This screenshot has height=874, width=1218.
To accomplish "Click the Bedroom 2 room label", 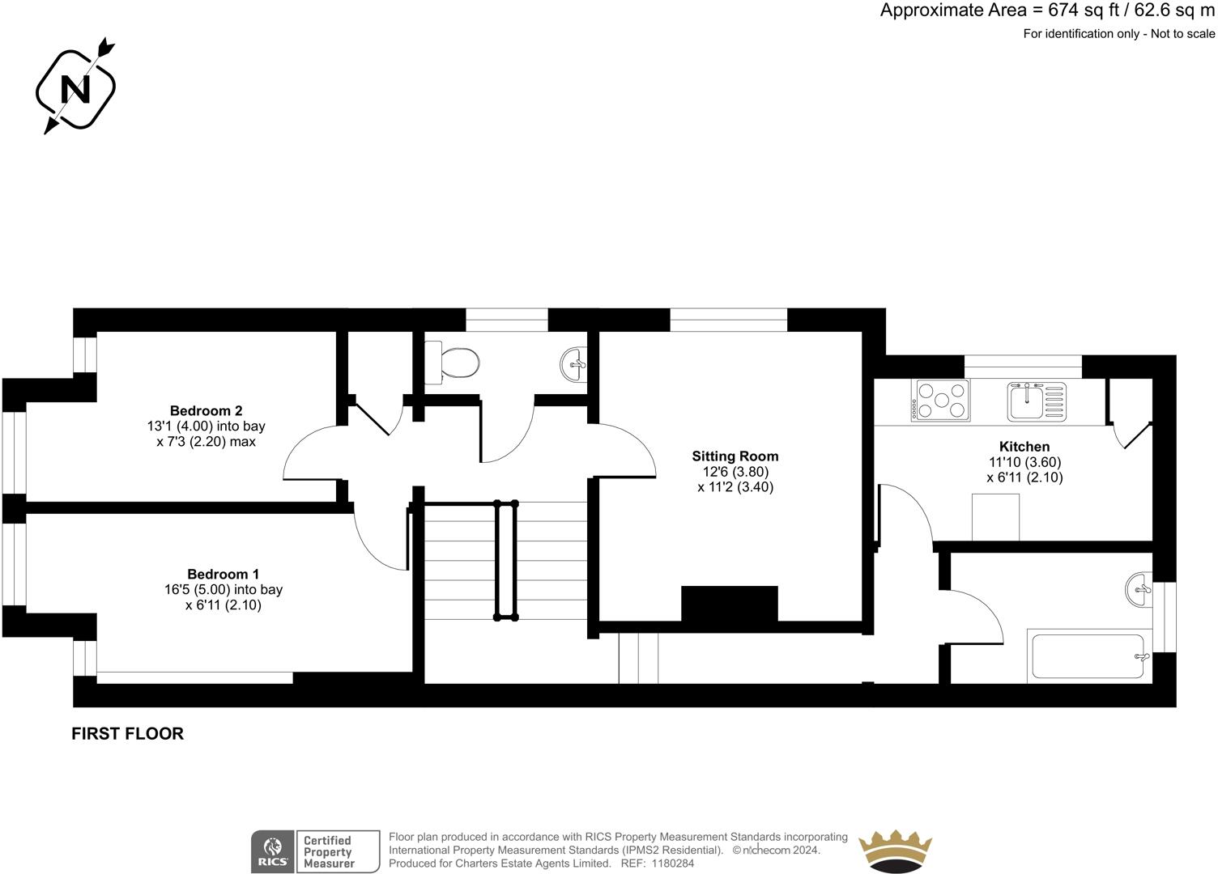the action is pyautogui.click(x=206, y=410).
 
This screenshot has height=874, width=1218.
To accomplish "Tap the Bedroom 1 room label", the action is pyautogui.click(x=223, y=574).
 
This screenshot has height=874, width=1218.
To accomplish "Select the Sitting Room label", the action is pyautogui.click(x=735, y=456).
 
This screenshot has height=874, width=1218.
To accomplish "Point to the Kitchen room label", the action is pyautogui.click(x=1024, y=447).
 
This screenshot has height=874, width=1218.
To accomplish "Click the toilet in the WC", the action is pyautogui.click(x=453, y=361).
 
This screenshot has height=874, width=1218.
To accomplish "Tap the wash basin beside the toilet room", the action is pyautogui.click(x=574, y=364).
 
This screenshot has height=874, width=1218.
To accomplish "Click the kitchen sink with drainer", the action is pyautogui.click(x=1037, y=401).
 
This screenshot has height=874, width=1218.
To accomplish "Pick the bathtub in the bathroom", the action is pyautogui.click(x=1089, y=655).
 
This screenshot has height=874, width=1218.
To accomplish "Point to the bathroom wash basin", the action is pyautogui.click(x=1139, y=589).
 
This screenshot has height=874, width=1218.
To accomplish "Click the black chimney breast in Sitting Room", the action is pyautogui.click(x=729, y=604).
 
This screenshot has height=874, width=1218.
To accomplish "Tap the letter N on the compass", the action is pyautogui.click(x=75, y=89).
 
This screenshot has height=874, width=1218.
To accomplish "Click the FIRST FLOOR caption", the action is pyautogui.click(x=128, y=734).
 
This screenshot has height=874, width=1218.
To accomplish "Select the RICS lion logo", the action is pyautogui.click(x=273, y=851).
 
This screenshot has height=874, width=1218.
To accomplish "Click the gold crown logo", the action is pyautogui.click(x=895, y=851).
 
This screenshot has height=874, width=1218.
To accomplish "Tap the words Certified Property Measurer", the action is pyautogui.click(x=329, y=851).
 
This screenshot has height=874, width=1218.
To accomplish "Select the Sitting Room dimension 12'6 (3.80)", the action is pyautogui.click(x=735, y=472).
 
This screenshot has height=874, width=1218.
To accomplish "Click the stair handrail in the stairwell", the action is pyautogui.click(x=505, y=560).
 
